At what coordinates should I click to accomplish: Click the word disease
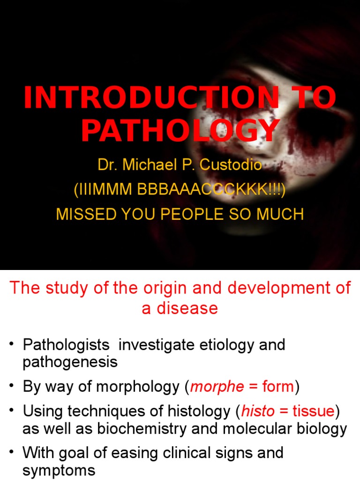pos(187,308)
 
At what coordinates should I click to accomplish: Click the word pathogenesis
pos(70,362)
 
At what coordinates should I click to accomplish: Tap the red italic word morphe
pos(217,387)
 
